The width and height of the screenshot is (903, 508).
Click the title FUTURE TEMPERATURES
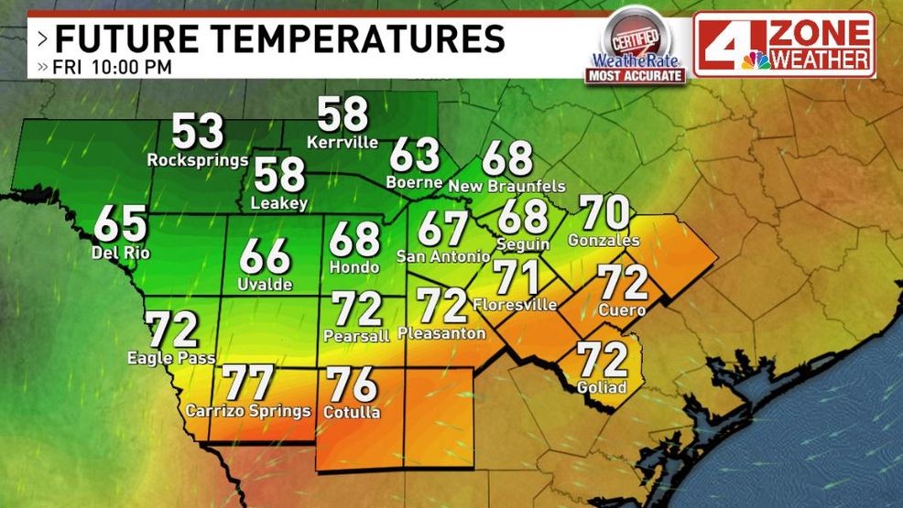point(279,39)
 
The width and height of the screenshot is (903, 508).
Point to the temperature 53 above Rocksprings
point(198,131)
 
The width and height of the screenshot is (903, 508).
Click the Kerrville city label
point(343,142)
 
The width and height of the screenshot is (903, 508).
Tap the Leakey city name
point(279,203)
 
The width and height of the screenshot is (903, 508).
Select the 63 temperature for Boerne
point(415,155)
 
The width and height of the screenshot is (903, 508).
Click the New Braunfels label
point(507,186)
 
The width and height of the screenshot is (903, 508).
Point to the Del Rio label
point(121,252)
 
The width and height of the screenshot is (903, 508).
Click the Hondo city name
point(354,266)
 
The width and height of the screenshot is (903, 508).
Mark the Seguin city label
point(523,244)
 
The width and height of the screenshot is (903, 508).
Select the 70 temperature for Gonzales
point(605,213)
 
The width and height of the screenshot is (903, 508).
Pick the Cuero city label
point(623,310)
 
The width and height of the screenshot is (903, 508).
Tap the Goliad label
point(602,387)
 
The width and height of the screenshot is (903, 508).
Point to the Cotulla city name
point(352,412)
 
